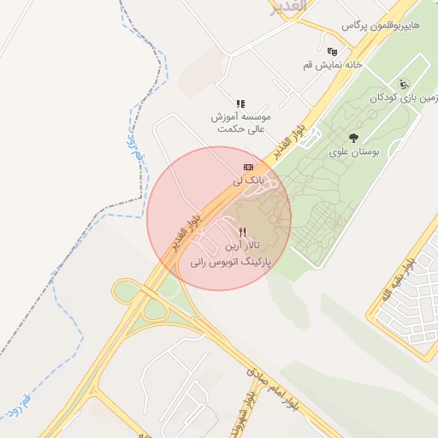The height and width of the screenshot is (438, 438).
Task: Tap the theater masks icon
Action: point(332,51)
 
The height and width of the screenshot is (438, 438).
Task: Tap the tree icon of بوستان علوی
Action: point(353,137)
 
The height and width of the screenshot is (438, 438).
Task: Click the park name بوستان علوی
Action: point(353,152)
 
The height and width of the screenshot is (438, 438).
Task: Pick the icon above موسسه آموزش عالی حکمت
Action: point(241,103)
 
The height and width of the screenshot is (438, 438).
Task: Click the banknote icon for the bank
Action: point(248,166)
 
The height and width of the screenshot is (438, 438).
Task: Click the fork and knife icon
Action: point(243,232)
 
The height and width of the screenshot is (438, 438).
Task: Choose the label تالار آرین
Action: point(243,246)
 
